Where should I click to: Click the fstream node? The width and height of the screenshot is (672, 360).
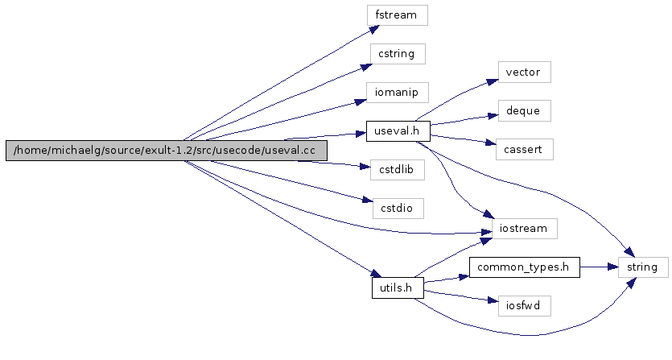tap(396, 15)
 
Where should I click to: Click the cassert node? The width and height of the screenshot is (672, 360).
tap(524, 149)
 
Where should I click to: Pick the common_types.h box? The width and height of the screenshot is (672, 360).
tap(524, 267)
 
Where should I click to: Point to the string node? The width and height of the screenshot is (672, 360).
tap(643, 267)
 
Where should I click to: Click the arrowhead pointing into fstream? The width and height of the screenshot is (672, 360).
tap(375, 27)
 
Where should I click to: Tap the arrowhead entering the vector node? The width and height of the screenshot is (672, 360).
tap(493, 81)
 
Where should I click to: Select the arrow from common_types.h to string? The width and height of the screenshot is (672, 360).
tap(599, 267)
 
